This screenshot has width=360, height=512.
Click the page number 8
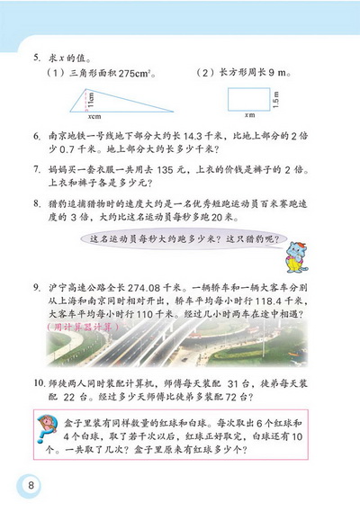tap(31, 487)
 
